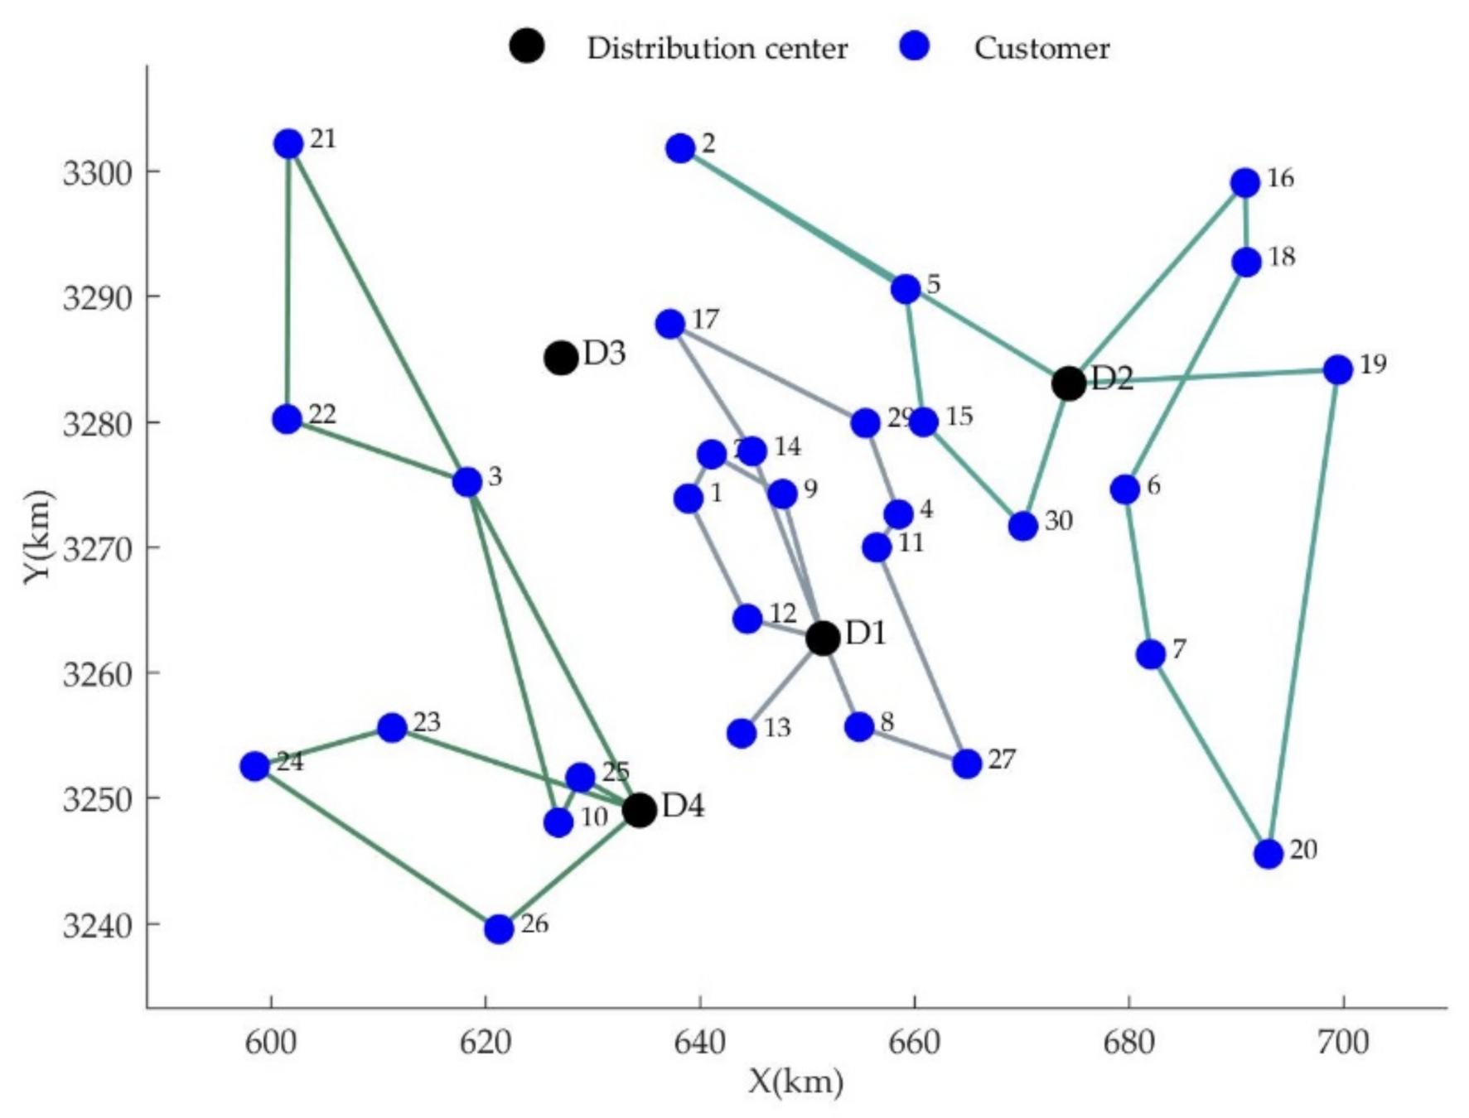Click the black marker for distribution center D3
point(561,358)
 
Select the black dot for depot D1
point(822,638)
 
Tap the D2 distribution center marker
point(1068,383)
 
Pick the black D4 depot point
point(639,809)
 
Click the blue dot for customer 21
point(288,144)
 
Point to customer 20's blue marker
point(1268,853)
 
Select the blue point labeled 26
point(498,929)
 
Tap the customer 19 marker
point(1337,369)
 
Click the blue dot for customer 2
point(680,149)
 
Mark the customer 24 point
point(255,766)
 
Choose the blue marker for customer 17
point(670,324)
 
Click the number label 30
point(1058,521)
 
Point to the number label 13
point(776,728)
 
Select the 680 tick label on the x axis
point(1128,1042)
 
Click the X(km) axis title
point(795,1081)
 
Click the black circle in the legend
point(526,46)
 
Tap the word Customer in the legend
point(1041,48)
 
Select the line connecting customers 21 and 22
point(288,282)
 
